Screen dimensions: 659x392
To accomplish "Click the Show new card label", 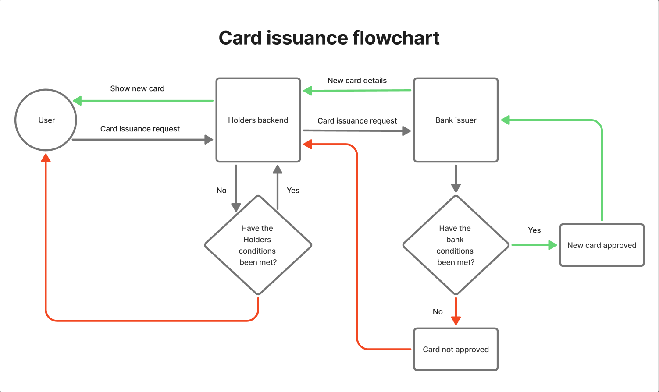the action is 137,88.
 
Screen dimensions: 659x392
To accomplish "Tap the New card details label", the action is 357,81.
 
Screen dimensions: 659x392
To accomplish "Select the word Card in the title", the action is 240,38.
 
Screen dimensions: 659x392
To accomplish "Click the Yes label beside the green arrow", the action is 534,230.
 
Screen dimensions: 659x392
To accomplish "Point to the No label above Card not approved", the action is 438,311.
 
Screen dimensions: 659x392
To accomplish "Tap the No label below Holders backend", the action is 221,191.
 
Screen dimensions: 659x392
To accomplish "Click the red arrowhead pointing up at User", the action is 46,158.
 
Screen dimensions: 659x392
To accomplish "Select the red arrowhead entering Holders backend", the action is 307,144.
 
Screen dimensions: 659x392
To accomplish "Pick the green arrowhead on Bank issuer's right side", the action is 505,120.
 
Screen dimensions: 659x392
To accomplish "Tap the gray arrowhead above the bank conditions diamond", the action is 456,188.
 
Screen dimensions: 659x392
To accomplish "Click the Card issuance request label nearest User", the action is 140,129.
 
